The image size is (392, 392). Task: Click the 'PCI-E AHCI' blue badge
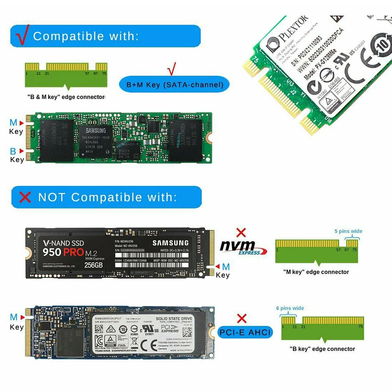click(x=245, y=333)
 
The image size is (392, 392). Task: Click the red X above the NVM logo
click(x=242, y=233)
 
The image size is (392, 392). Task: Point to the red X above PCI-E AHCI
click(x=242, y=318)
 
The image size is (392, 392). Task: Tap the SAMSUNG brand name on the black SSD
click(x=170, y=243)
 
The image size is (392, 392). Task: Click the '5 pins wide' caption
click(x=348, y=231)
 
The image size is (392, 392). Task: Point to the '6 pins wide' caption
click(x=290, y=308)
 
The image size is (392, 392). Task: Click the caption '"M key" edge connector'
click(x=316, y=272)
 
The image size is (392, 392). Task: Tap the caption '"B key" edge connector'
click(x=322, y=349)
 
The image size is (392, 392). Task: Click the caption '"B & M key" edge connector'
click(x=66, y=97)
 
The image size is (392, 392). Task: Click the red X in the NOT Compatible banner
click(x=25, y=197)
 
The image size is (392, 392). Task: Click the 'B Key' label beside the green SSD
click(x=16, y=155)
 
